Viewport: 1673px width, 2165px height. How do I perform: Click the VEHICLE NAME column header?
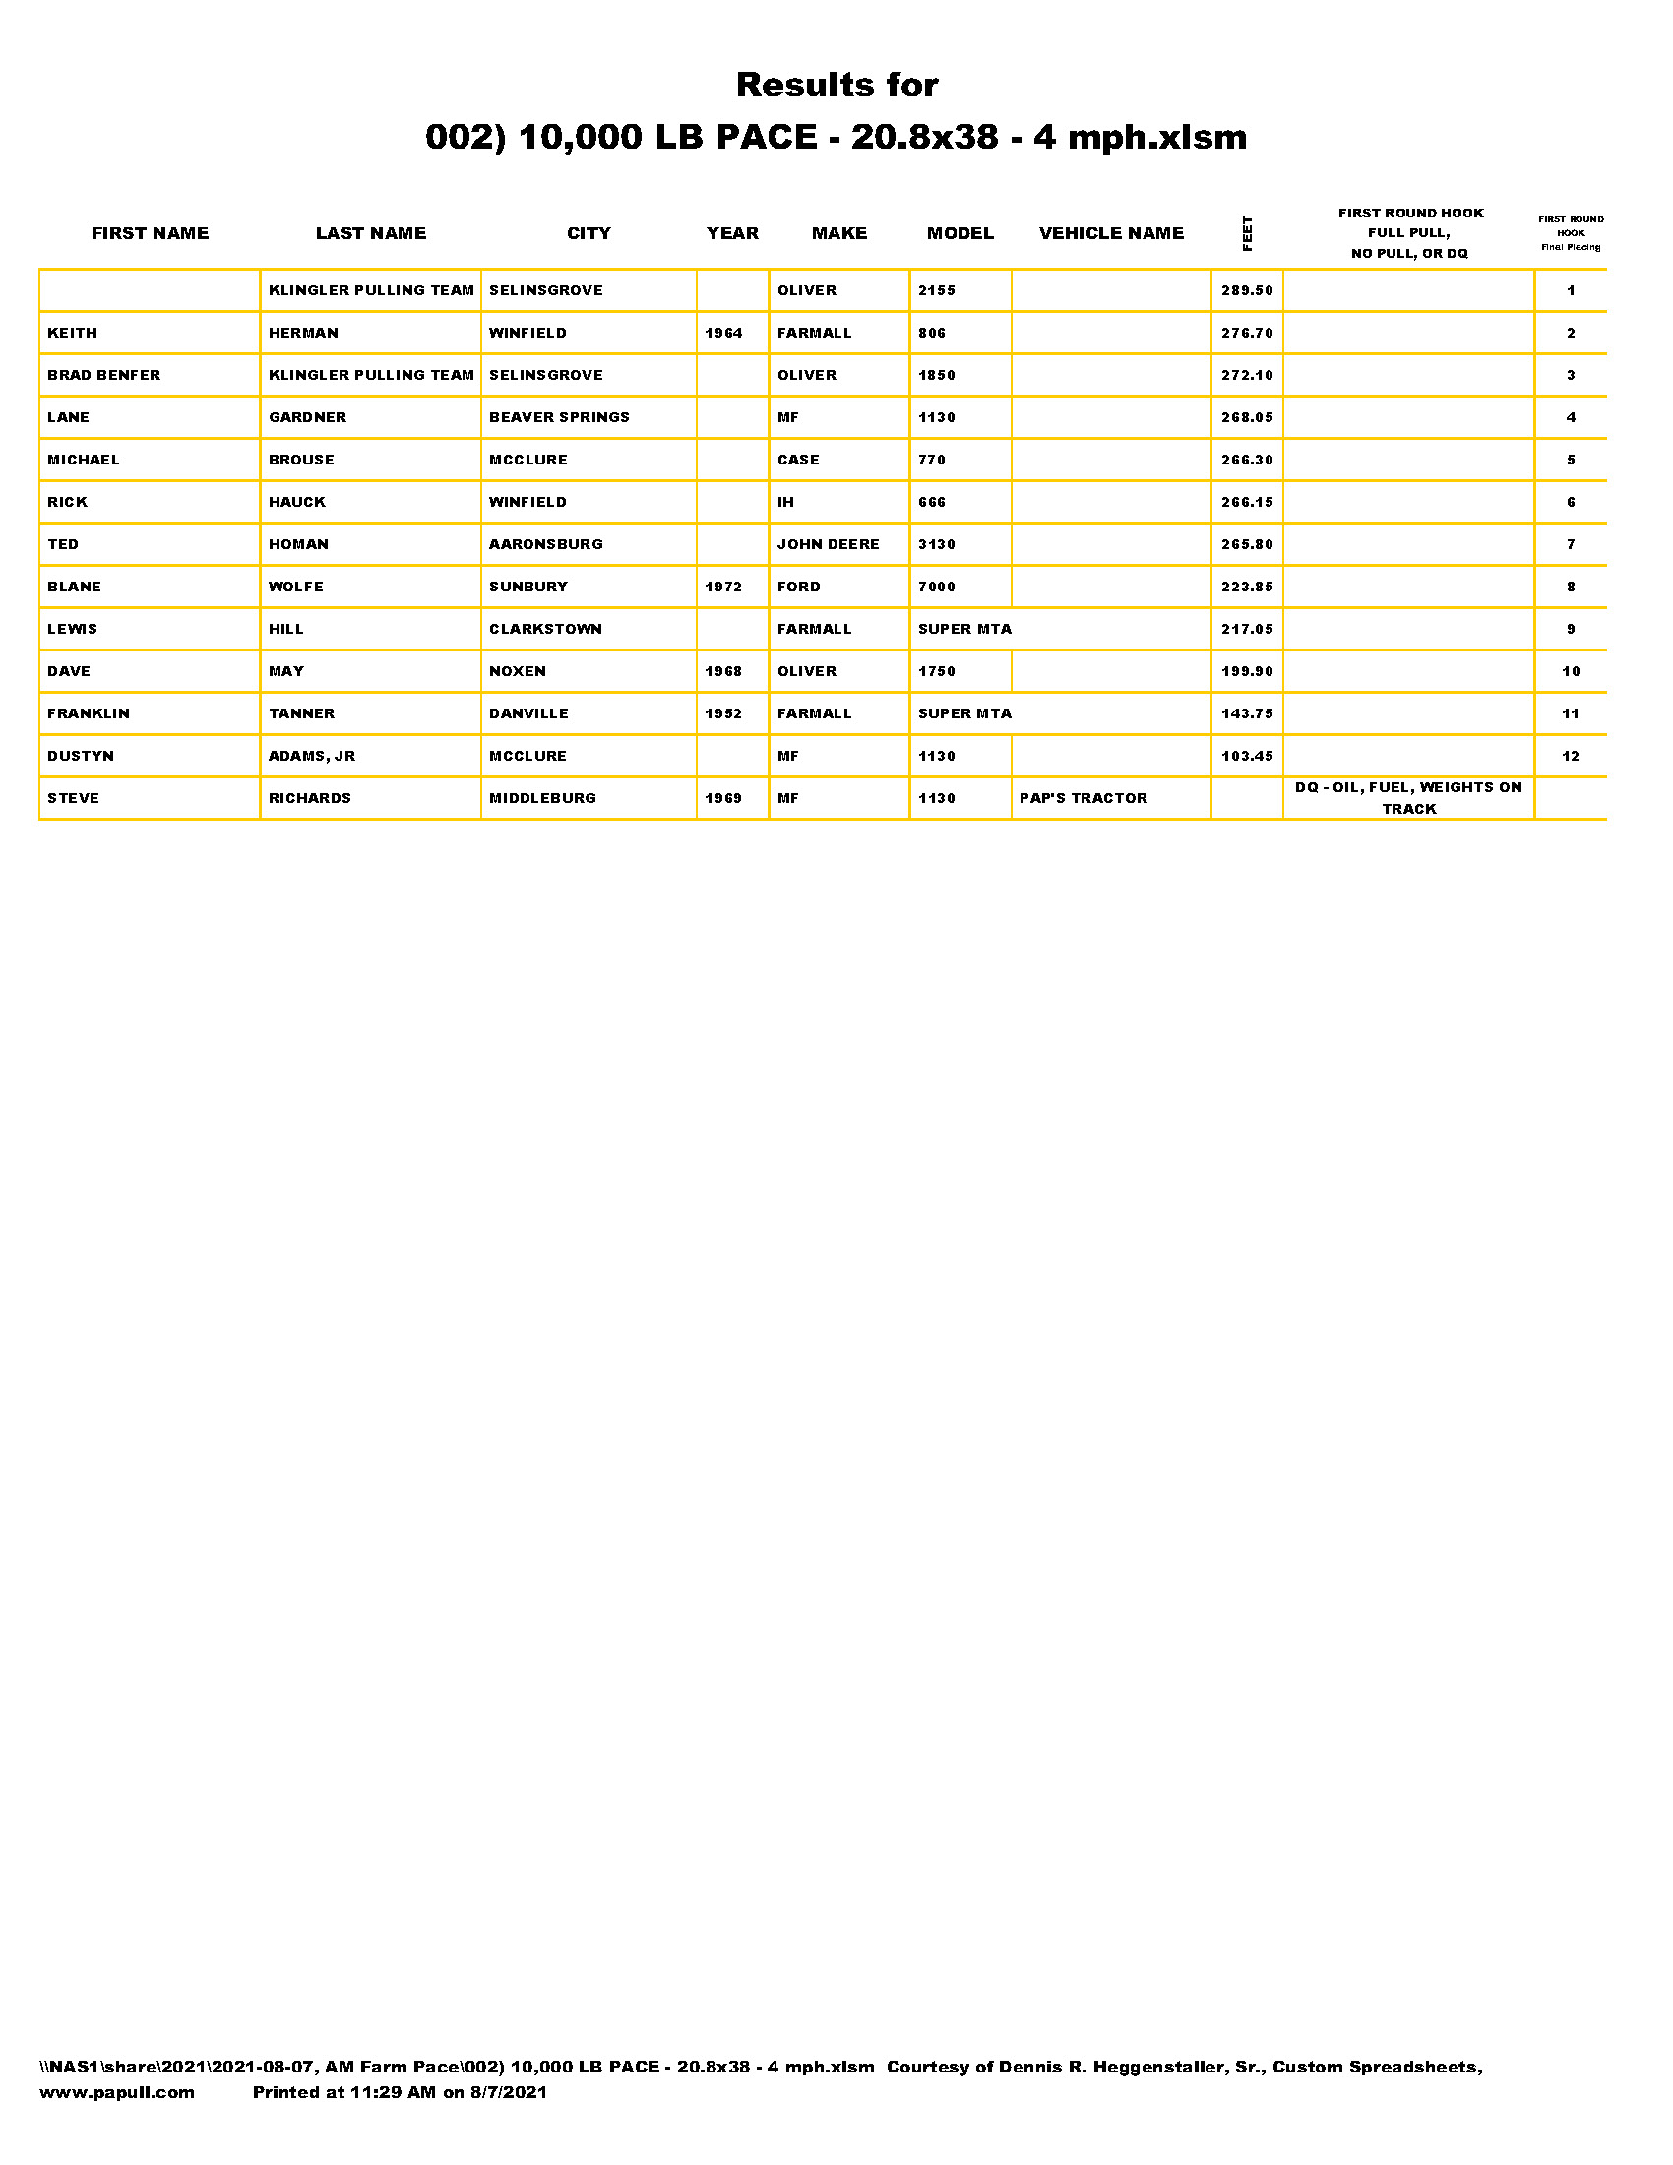click(1111, 233)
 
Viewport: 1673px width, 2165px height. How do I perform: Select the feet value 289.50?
click(1247, 290)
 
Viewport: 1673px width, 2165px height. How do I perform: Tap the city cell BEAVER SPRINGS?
click(559, 417)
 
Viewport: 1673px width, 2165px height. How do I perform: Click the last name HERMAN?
click(303, 333)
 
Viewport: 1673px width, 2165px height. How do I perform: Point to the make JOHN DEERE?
click(828, 544)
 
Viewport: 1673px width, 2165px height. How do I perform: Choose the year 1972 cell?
click(723, 587)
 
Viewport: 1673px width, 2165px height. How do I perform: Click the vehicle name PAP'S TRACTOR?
click(1084, 798)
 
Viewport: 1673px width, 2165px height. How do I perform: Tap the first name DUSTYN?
click(81, 756)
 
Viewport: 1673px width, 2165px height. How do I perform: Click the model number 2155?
click(937, 290)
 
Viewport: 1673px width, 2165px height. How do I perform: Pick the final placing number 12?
click(1571, 756)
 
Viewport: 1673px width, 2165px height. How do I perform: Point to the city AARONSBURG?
click(546, 544)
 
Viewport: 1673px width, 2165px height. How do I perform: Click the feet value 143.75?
click(1247, 713)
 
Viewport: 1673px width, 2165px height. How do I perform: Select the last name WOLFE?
click(296, 587)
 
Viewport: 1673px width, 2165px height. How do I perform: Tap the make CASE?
click(798, 460)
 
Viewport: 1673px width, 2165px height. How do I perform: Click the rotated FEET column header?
click(1247, 233)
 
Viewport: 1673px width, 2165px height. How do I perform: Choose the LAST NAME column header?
click(371, 233)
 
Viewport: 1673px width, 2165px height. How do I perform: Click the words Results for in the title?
click(836, 86)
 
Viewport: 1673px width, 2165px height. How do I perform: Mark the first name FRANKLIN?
click(89, 713)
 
